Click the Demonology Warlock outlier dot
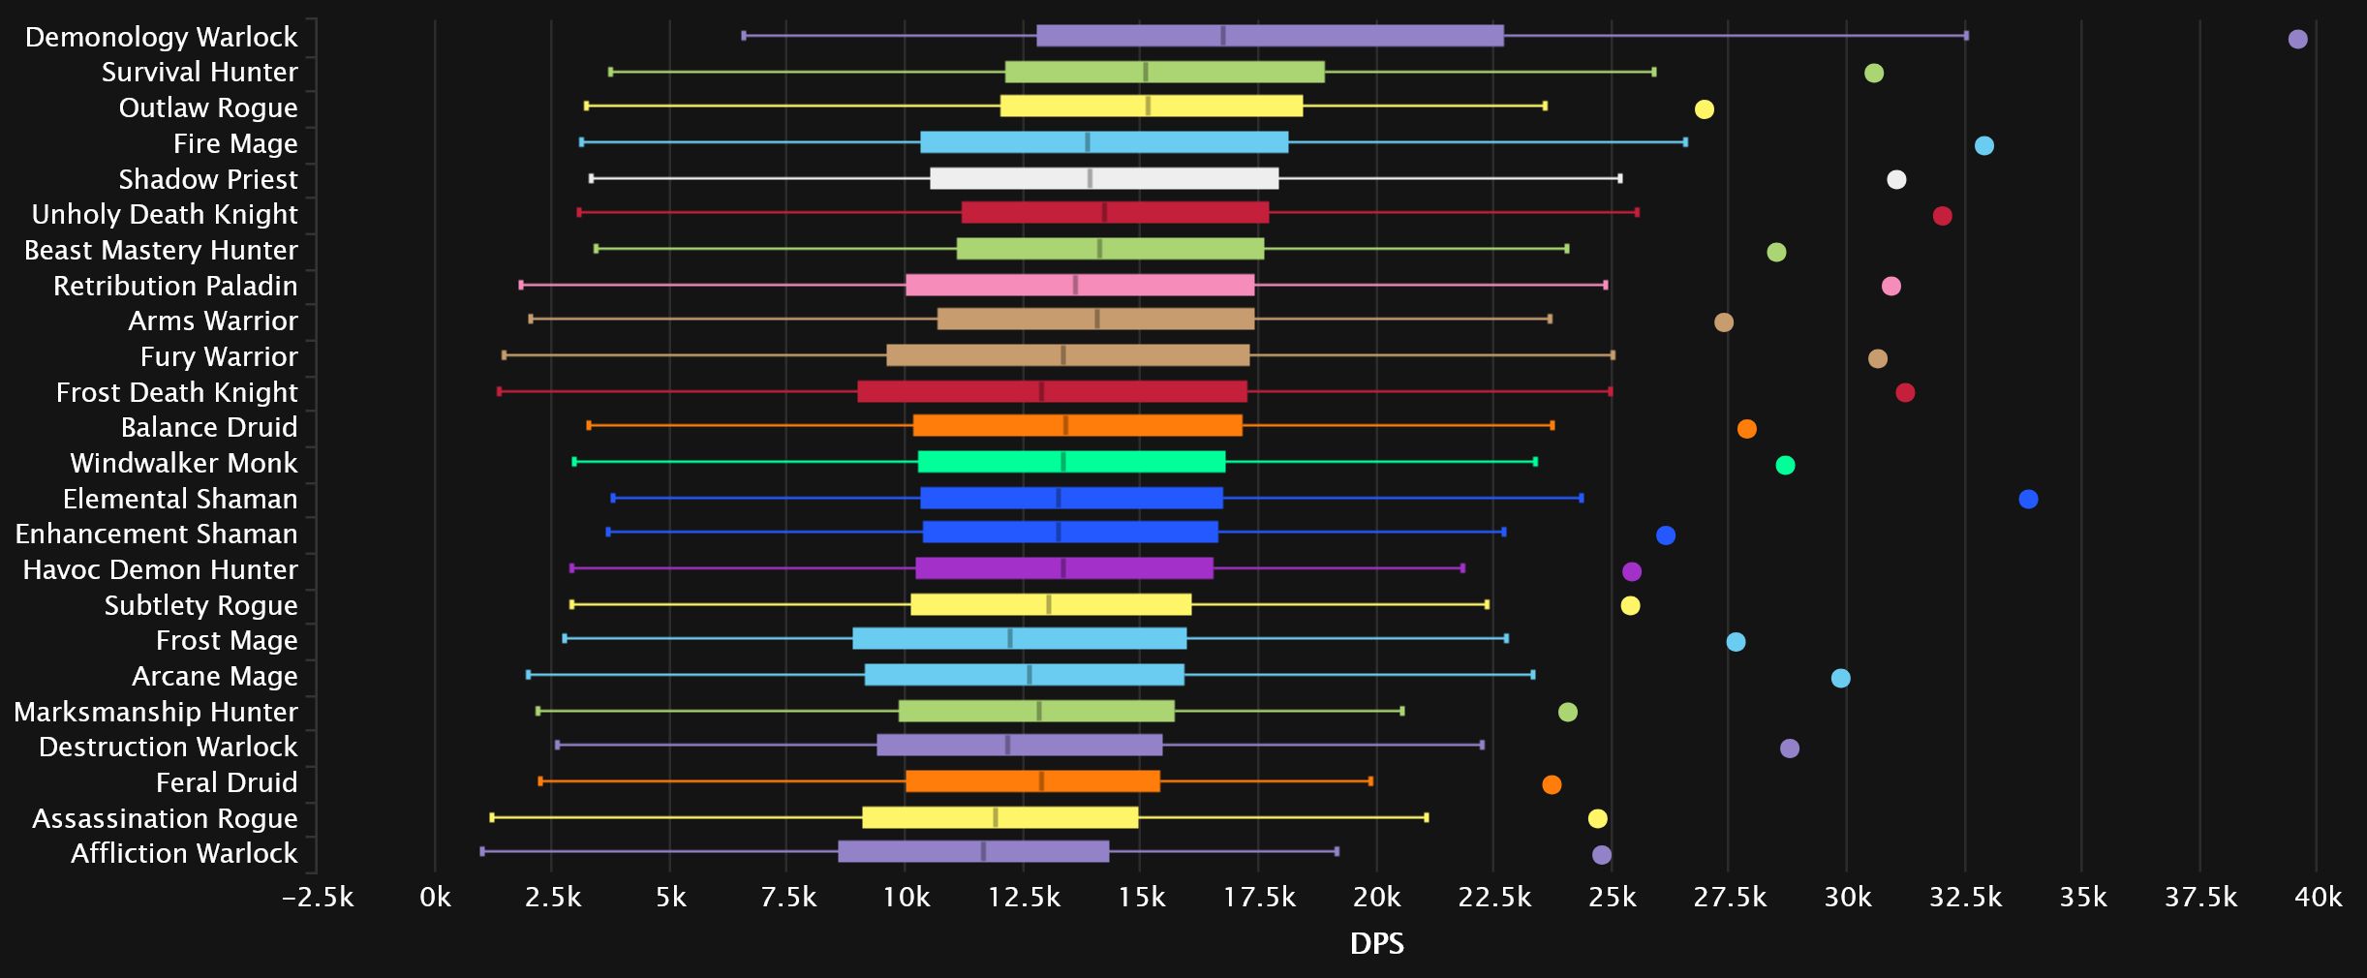[x=2297, y=39]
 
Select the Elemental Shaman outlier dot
[x=2028, y=499]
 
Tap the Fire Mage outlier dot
[x=1983, y=145]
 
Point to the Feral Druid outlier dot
[x=1552, y=784]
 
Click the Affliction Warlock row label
[x=184, y=853]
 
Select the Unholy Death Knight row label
[x=165, y=214]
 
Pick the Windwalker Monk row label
[x=184, y=463]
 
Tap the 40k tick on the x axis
[x=2318, y=898]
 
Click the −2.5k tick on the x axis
[x=318, y=898]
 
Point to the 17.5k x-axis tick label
[x=1259, y=898]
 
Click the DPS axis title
[x=1376, y=943]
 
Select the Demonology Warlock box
[x=1270, y=36]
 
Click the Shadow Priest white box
[x=1104, y=178]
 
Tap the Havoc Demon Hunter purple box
[x=1063, y=568]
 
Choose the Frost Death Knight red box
[x=1052, y=391]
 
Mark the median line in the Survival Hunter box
[x=1146, y=72]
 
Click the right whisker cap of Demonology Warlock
[x=1966, y=36]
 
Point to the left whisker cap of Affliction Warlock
[x=482, y=851]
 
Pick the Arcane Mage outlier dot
[x=1840, y=678]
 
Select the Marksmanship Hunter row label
[x=156, y=712]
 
